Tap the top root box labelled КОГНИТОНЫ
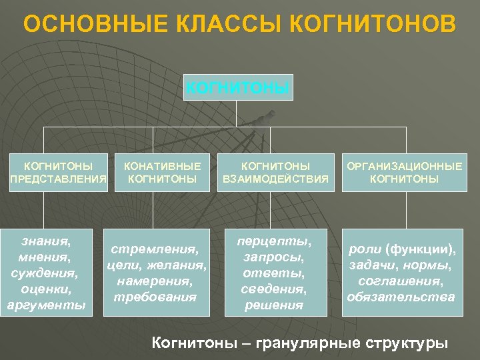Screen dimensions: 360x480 point(238,87)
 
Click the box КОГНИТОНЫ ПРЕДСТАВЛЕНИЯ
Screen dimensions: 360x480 point(59,172)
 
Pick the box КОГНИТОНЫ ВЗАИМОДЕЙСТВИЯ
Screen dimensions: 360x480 point(275,172)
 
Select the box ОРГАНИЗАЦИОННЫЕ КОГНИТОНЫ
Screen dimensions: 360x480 point(403,172)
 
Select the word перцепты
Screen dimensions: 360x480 point(275,240)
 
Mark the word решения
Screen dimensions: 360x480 point(275,305)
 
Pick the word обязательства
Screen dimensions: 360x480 point(401,296)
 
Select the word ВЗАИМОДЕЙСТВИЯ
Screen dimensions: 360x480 point(275,179)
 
